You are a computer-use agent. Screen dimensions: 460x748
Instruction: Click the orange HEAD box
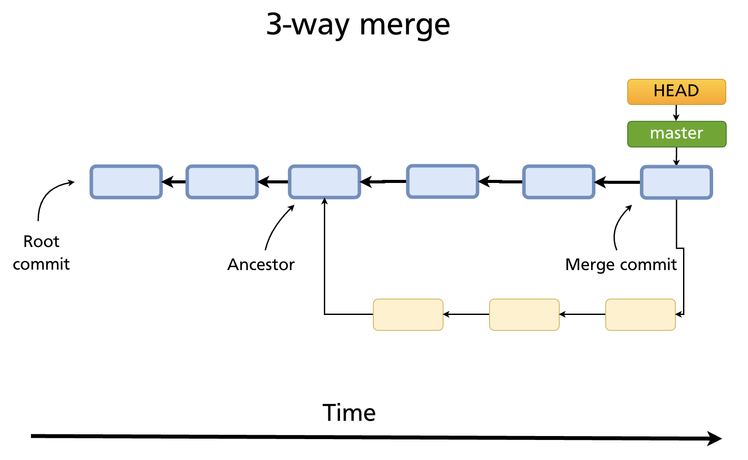tap(676, 91)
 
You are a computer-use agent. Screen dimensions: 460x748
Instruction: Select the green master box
tap(677, 134)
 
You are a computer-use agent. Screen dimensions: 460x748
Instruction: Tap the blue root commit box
tap(126, 182)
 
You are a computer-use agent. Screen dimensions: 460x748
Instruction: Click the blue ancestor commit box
tap(324, 182)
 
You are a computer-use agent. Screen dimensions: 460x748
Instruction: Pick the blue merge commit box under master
tap(676, 182)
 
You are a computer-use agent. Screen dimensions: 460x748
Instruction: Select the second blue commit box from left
tap(222, 182)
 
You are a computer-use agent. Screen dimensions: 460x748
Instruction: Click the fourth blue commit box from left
tap(442, 181)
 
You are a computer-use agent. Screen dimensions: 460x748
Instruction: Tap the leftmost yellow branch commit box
tap(408, 315)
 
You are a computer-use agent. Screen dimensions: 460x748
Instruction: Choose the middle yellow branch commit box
tap(524, 315)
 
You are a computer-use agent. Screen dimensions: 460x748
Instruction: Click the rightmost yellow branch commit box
tap(640, 315)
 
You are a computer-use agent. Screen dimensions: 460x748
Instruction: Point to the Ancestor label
tap(261, 264)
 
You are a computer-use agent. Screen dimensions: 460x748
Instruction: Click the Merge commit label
tap(620, 264)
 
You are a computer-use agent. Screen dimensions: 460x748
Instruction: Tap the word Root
tap(41, 241)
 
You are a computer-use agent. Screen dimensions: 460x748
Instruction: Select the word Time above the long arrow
tap(349, 413)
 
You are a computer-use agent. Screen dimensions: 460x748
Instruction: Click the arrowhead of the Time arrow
tap(715, 438)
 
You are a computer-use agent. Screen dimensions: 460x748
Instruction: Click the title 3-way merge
tap(358, 24)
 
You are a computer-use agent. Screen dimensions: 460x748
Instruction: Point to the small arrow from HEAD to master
tap(676, 112)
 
